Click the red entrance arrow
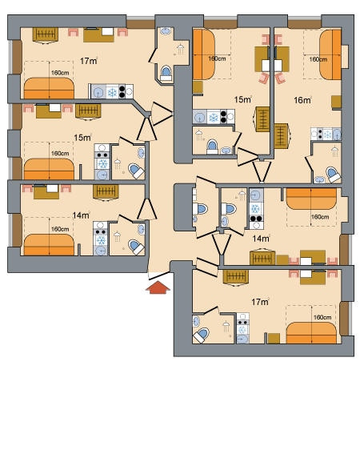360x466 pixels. coord(158,287)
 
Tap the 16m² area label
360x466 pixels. coord(302,100)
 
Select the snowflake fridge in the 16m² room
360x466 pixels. coord(328,135)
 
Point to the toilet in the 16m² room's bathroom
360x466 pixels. coord(333,174)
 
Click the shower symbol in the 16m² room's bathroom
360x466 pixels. coord(335,151)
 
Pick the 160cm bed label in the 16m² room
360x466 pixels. coord(318,59)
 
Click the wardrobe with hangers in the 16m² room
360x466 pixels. coord(282,136)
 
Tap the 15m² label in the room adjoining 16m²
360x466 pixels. coord(242,99)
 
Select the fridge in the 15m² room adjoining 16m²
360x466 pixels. coord(214,117)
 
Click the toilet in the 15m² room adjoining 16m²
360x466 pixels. coord(212,147)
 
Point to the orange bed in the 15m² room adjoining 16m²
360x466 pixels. coord(204,54)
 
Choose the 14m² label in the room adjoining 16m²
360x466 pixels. coord(261,239)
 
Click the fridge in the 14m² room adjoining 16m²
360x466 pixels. coord(255,209)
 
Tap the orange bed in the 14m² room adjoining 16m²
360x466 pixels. coord(311,199)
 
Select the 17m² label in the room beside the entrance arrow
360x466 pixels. coord(260,302)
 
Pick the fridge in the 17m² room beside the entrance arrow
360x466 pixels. coord(242,330)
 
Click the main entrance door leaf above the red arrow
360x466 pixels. coord(159,275)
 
